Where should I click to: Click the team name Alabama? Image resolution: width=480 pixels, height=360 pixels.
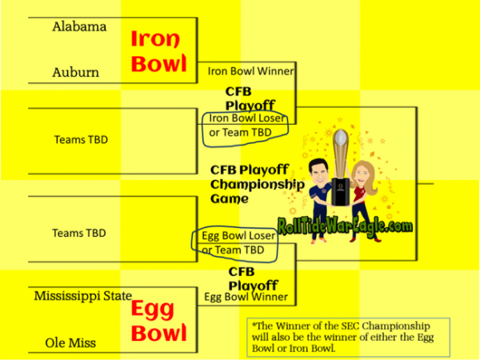click(79, 27)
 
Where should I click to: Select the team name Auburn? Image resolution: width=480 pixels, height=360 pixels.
click(76, 73)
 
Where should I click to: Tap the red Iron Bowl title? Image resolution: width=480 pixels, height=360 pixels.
click(158, 51)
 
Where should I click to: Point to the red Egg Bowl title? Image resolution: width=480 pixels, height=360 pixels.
click(158, 321)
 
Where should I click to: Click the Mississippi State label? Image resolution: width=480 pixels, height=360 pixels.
click(83, 296)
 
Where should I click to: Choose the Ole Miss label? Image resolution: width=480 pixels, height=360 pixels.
click(70, 343)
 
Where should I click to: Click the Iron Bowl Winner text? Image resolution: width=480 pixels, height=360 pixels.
click(250, 71)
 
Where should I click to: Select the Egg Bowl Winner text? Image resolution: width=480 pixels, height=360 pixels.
click(246, 297)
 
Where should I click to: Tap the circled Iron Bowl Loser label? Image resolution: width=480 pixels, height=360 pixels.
click(246, 118)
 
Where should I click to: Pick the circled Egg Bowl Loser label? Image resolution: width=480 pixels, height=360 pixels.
click(238, 236)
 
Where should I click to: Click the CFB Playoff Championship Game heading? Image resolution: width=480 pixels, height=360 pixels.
click(257, 184)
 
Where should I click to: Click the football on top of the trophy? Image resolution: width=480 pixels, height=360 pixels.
click(341, 137)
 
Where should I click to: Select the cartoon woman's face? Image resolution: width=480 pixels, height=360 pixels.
click(362, 175)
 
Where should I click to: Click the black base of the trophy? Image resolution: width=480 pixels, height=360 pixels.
click(341, 192)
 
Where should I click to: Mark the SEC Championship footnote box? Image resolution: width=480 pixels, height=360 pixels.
click(348, 338)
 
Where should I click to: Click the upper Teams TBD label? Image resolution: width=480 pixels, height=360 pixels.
click(81, 140)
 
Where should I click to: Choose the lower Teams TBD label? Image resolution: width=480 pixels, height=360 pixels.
click(79, 234)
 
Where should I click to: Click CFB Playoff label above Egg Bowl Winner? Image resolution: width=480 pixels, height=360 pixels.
click(253, 278)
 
